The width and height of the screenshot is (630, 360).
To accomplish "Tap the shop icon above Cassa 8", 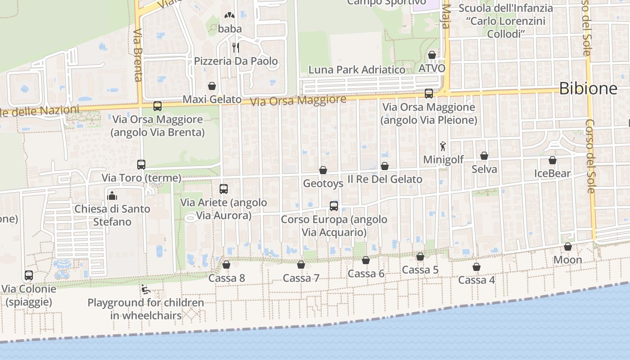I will click(226, 265).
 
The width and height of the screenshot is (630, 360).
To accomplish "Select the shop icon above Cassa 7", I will click(301, 265).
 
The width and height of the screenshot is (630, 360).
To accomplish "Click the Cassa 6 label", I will click(366, 274).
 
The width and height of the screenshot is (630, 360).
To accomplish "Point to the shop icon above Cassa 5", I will click(420, 256).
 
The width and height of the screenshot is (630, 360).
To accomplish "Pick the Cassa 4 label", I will click(476, 280).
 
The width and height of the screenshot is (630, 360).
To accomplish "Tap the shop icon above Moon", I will click(568, 247).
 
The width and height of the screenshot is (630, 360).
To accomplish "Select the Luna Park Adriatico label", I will click(356, 70).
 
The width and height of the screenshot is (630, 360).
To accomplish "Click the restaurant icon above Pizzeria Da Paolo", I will click(235, 47).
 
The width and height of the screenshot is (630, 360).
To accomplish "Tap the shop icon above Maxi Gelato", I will click(212, 86).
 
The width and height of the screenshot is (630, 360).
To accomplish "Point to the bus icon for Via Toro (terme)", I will click(141, 165).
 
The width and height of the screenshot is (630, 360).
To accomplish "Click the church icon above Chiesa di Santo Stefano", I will click(112, 195).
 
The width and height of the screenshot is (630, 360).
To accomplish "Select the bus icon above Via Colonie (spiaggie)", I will click(29, 275).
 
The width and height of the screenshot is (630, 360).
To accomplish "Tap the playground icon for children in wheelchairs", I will click(145, 289).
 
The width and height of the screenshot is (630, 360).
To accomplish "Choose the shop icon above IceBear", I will click(553, 160).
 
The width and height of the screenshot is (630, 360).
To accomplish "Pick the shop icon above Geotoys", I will click(323, 170).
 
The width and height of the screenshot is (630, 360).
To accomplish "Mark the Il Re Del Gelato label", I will click(385, 179).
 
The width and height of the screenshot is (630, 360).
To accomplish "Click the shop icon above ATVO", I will click(432, 55).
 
